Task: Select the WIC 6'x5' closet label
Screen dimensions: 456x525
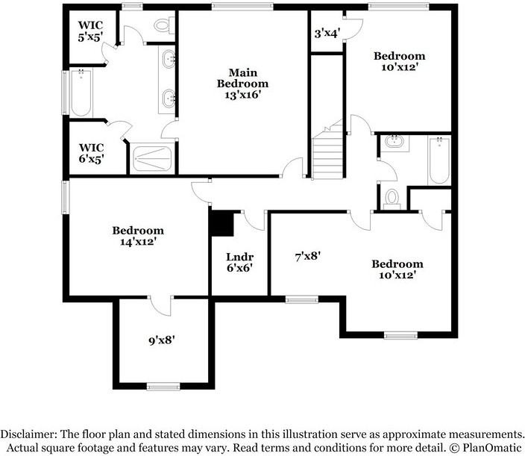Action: click(90, 152)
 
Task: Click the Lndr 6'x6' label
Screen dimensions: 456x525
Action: click(239, 263)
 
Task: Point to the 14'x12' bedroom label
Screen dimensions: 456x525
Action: click(138, 236)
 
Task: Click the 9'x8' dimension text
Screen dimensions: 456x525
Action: click(162, 341)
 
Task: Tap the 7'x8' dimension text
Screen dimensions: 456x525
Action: click(307, 256)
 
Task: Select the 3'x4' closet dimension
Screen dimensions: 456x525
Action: click(325, 34)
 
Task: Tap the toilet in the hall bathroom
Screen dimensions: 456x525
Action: click(392, 199)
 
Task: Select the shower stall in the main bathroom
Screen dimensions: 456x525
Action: click(152, 157)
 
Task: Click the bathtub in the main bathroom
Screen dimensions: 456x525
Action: click(81, 93)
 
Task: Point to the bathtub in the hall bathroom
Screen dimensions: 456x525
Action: click(439, 160)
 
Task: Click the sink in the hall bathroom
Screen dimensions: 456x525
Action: click(393, 143)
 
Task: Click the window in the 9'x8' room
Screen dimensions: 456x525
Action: click(163, 386)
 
